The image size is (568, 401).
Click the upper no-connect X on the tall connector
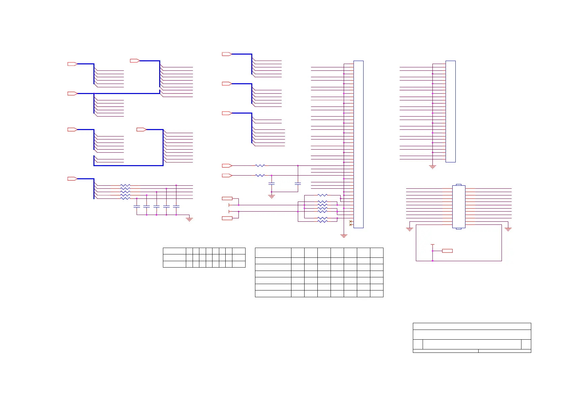click(x=350, y=221)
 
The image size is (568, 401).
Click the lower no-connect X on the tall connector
click(x=350, y=224)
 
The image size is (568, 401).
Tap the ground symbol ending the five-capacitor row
click(x=189, y=219)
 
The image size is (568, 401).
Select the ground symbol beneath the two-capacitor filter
click(x=272, y=196)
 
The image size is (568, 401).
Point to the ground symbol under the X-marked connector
click(x=344, y=236)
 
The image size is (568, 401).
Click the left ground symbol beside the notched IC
click(x=409, y=229)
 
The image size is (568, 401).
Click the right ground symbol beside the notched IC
click(x=508, y=229)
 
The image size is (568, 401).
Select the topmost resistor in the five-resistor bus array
click(x=125, y=185)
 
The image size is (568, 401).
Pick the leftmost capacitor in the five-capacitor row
click(x=137, y=206)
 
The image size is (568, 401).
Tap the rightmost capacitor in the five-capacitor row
click(x=176, y=206)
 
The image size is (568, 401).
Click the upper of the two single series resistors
click(x=260, y=165)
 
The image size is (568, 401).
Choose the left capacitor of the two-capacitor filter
click(x=272, y=184)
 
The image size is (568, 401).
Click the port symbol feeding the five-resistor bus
click(x=73, y=179)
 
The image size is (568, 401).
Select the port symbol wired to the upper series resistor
click(x=227, y=165)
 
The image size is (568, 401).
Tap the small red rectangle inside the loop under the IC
click(x=447, y=251)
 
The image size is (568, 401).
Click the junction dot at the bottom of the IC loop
click(x=432, y=261)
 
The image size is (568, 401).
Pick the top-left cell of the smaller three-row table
click(x=174, y=251)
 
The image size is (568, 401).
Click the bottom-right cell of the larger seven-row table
click(x=376, y=294)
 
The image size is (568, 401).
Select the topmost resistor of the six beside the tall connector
click(x=322, y=195)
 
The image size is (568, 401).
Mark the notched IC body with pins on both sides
click(x=458, y=207)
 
